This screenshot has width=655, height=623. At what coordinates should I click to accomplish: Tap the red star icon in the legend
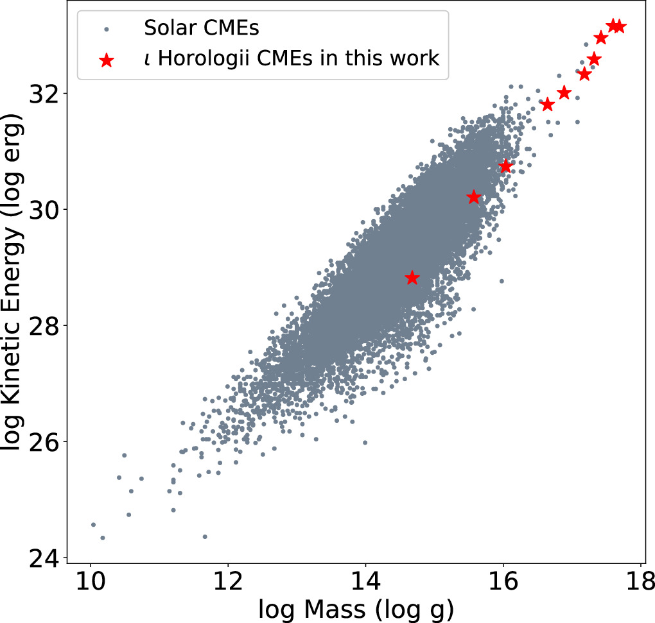pyautogui.click(x=107, y=60)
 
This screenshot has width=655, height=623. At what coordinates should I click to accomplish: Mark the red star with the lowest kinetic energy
pyautogui.click(x=412, y=278)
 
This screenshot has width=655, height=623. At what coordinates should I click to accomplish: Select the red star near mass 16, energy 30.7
pyautogui.click(x=506, y=166)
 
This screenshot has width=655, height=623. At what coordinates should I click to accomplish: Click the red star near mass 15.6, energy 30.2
pyautogui.click(x=473, y=197)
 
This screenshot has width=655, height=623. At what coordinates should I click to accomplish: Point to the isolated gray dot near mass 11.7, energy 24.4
pyautogui.click(x=205, y=536)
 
